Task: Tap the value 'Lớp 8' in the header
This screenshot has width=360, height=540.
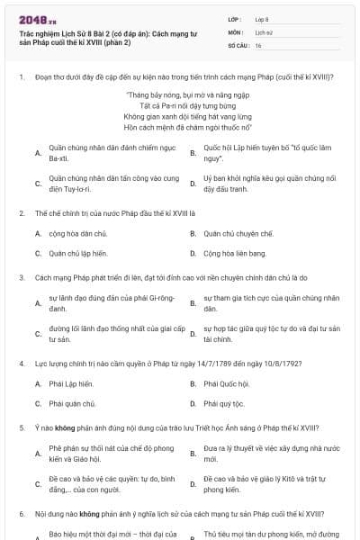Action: click(x=262, y=18)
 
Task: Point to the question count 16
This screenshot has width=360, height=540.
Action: click(x=258, y=45)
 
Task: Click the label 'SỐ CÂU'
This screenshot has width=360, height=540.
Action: click(x=237, y=45)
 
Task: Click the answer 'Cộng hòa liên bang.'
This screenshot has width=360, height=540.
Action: click(x=235, y=253)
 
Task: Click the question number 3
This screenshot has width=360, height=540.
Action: click(x=21, y=279)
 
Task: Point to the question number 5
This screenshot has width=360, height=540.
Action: click(x=21, y=427)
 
